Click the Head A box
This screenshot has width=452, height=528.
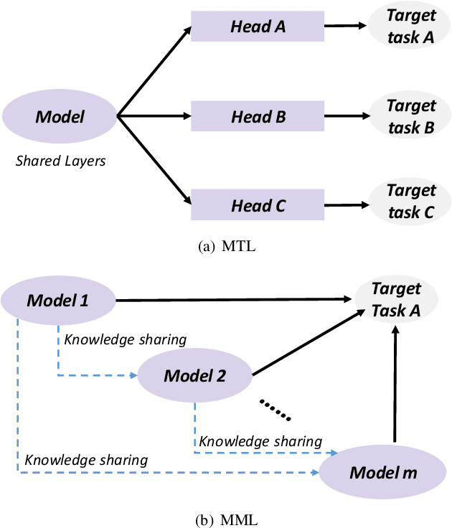(258, 26)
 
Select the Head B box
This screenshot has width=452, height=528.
(258, 116)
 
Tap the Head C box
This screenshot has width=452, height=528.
(258, 206)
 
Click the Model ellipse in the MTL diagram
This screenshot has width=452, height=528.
(60, 115)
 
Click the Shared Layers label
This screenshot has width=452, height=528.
(60, 161)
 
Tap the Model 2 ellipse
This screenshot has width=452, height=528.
(194, 375)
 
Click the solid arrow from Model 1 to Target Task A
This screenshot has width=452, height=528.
(237, 300)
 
